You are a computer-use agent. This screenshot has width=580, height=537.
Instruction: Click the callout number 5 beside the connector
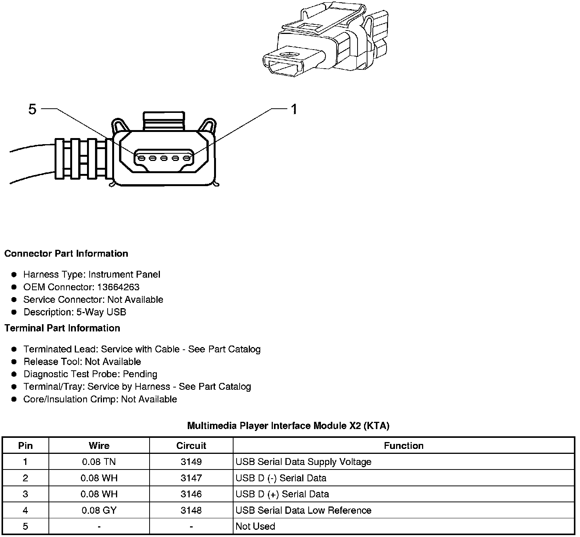[x=32, y=109]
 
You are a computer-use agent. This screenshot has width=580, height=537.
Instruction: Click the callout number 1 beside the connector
[x=294, y=109]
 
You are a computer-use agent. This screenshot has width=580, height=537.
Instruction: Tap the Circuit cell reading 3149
[x=191, y=462]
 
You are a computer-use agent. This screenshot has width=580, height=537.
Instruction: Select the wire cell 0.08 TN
[x=99, y=462]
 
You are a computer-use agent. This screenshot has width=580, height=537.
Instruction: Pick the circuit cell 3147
[x=191, y=478]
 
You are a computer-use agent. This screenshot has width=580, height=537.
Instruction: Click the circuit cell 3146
[x=191, y=494]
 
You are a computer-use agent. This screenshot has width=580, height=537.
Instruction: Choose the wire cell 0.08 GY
[x=99, y=510]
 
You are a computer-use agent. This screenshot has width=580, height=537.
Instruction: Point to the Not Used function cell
[x=255, y=526]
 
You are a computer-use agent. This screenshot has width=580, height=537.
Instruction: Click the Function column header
[x=403, y=445]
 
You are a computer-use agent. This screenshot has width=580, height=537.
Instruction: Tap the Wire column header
[x=99, y=445]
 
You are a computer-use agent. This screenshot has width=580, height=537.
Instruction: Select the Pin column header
[x=26, y=445]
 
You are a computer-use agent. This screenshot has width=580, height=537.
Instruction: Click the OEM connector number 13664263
[x=118, y=287]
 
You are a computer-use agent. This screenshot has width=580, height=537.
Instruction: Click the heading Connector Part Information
[x=66, y=254]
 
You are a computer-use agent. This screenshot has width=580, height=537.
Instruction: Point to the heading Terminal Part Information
[x=62, y=328]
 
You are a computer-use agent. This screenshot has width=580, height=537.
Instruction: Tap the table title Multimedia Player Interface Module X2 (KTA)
[x=288, y=426]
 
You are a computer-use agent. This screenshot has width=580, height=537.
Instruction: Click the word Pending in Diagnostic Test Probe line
[x=140, y=374]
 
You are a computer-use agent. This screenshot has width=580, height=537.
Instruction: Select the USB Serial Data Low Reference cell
[x=303, y=510]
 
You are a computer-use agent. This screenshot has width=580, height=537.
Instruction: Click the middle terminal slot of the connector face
[x=164, y=158]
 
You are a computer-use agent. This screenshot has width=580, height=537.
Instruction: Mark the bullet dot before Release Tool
[x=14, y=362]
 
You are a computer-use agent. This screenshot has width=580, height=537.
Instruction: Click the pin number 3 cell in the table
[x=26, y=494]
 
